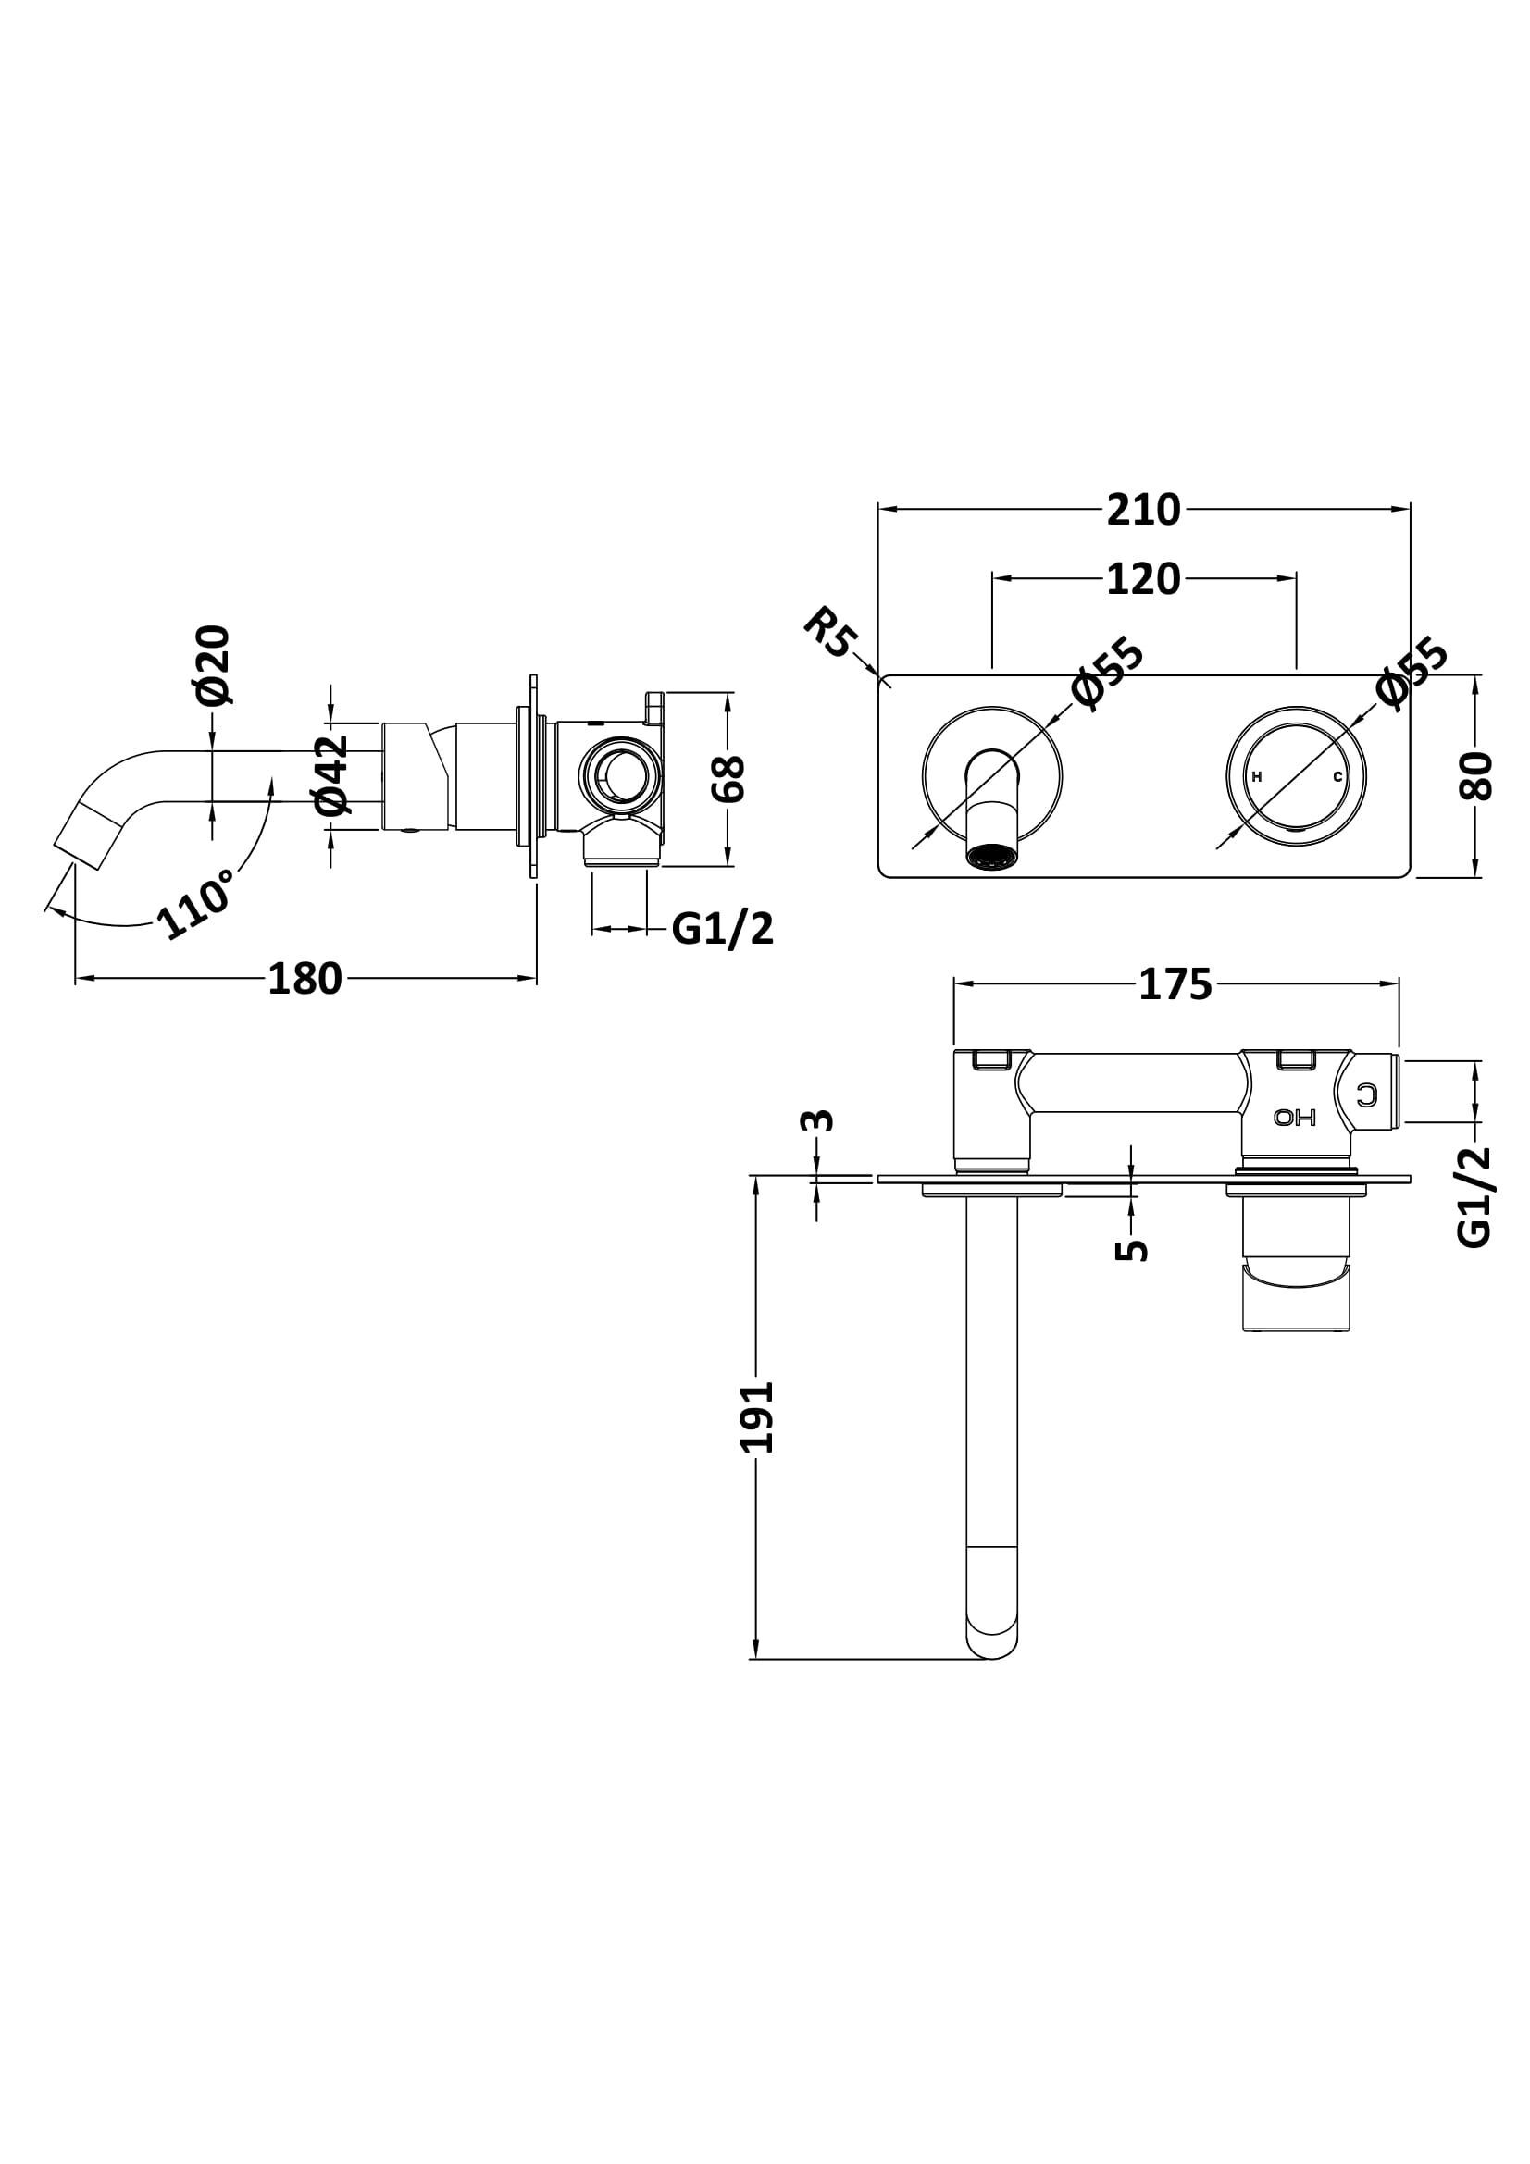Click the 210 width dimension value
1142,510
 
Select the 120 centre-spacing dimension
1142,578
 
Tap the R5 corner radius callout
829,633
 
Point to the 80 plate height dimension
1476,775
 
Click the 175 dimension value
1175,985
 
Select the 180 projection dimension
305,979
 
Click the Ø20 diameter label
214,664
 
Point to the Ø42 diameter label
332,774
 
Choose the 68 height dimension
728,778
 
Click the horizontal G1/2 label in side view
722,929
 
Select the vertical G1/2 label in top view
1475,1196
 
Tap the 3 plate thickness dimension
816,1119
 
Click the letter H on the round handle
1257,776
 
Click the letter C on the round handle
1337,776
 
